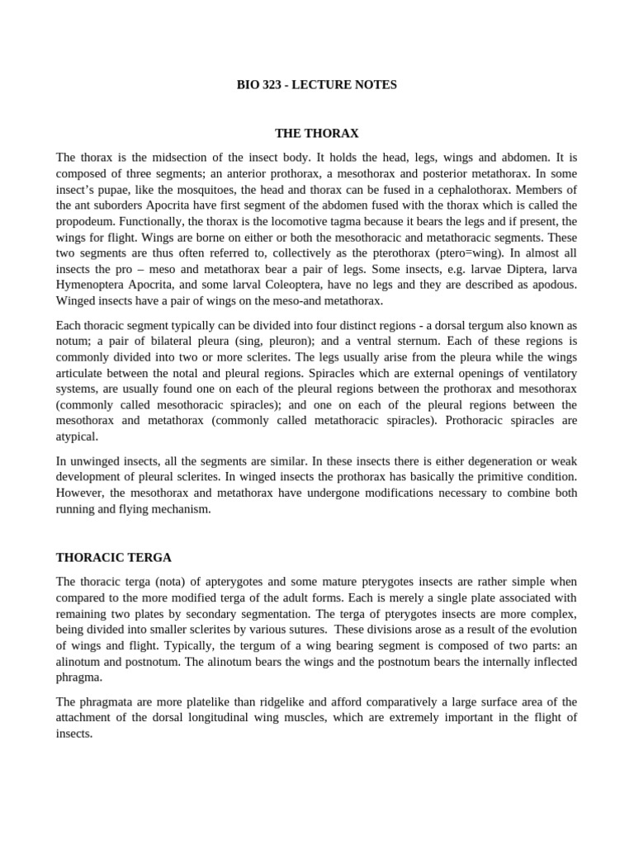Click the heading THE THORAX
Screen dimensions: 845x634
317,133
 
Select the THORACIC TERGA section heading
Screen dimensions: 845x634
114,557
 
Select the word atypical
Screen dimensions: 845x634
77,437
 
